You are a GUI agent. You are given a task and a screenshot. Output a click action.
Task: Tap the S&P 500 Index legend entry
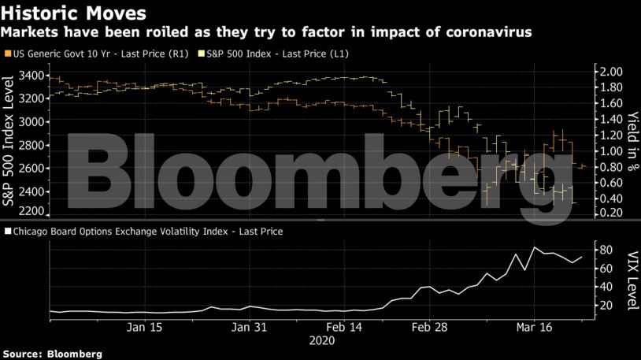tap(276, 54)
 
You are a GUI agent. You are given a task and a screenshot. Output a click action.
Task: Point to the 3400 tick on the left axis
tap(32, 76)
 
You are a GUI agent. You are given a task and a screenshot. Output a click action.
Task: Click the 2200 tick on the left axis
tap(32, 212)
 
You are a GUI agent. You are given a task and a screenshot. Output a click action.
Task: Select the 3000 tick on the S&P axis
tap(32, 121)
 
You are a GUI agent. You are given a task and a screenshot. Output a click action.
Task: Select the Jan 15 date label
tap(144, 326)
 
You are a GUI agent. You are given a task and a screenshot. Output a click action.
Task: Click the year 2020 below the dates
tap(323, 341)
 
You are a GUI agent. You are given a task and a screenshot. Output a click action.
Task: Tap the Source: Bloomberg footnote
tap(52, 354)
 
